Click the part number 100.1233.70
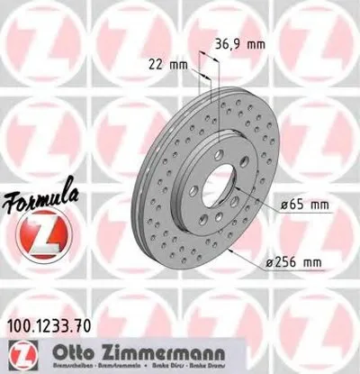tap(49, 316)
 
